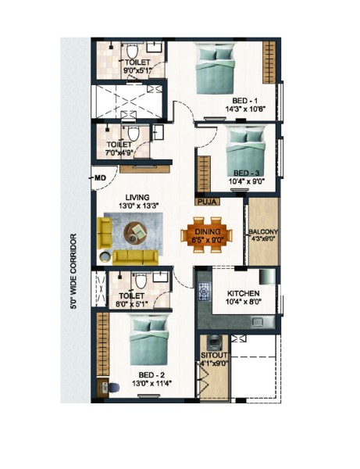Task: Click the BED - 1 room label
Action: click(x=244, y=101)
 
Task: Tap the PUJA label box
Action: click(x=207, y=202)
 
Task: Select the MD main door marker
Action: click(x=101, y=178)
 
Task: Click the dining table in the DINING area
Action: click(x=206, y=234)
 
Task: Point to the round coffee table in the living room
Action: click(x=135, y=233)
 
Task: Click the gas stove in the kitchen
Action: click(x=205, y=291)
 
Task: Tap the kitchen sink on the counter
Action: click(x=258, y=322)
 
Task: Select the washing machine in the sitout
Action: click(x=214, y=343)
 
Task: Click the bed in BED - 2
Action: click(x=149, y=342)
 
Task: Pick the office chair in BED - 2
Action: click(x=113, y=388)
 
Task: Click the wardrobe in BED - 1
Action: click(x=269, y=63)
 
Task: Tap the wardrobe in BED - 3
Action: click(x=204, y=174)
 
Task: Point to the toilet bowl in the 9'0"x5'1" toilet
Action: click(x=132, y=51)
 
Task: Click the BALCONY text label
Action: click(x=263, y=232)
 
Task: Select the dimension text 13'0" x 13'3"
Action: click(x=138, y=206)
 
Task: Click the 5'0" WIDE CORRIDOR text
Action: click(x=73, y=271)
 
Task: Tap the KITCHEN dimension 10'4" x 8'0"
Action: click(x=244, y=302)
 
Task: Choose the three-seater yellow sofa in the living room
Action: click(x=135, y=257)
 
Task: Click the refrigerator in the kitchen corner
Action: click(x=267, y=277)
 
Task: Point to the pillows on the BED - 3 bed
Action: click(x=246, y=136)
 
